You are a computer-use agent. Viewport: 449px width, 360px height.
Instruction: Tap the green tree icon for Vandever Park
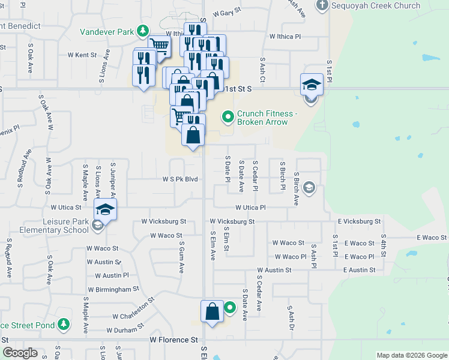tap(143, 30)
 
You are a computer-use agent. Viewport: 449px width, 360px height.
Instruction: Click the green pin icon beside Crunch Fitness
tap(228, 116)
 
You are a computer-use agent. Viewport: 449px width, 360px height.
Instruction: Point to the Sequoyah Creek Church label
tap(378, 6)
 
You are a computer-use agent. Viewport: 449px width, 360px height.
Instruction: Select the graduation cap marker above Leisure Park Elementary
tap(105, 210)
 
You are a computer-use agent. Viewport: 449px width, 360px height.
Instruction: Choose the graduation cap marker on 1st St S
tap(312, 84)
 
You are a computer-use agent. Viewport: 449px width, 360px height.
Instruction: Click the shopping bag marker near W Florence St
tap(212, 311)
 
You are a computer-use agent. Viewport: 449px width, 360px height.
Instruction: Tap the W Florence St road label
tap(173, 340)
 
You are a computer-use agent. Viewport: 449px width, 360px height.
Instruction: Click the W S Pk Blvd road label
tap(180, 179)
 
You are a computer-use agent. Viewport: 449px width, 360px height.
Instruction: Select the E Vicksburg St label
tap(359, 221)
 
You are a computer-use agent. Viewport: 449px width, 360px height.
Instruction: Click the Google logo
tap(20, 353)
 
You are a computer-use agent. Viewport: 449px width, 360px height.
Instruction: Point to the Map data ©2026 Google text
tap(411, 355)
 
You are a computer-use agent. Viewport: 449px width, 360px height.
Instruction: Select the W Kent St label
tap(82, 55)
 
